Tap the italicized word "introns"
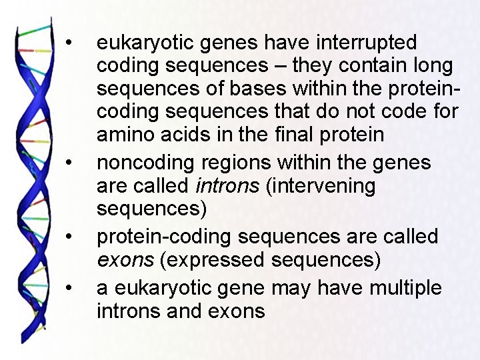pyautogui.click(x=227, y=186)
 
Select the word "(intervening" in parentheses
pyautogui.click(x=320, y=186)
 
